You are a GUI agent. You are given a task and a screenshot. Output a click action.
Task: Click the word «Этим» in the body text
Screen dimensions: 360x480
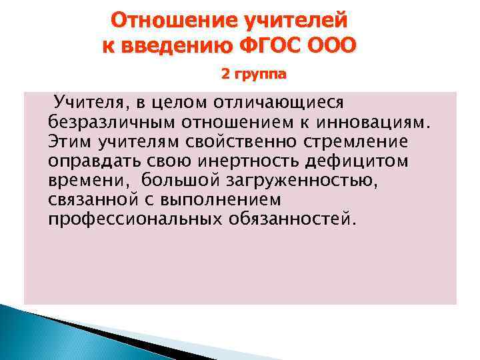click(x=69, y=143)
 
